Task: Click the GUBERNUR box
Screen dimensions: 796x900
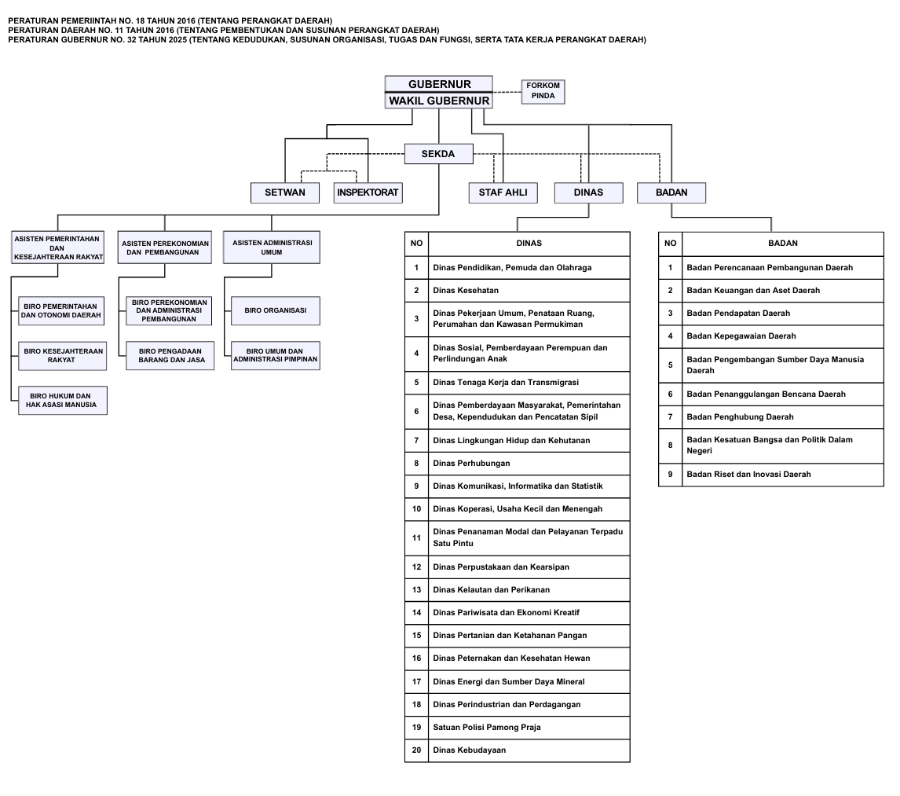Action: (438, 84)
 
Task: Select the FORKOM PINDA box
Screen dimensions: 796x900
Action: (543, 90)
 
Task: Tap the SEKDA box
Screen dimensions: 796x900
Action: (438, 154)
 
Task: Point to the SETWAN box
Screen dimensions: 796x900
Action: (285, 193)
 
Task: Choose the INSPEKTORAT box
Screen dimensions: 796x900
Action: (368, 193)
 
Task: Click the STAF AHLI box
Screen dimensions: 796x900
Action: (503, 193)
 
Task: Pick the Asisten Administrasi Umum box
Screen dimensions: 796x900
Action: (272, 248)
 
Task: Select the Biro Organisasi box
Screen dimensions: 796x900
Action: (275, 310)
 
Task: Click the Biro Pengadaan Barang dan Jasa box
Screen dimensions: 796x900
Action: (170, 355)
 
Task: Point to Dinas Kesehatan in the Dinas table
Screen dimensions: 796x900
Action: (466, 291)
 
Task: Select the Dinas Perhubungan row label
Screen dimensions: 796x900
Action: (471, 464)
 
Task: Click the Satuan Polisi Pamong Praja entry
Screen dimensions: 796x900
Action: (486, 728)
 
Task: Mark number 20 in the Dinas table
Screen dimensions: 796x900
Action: (416, 750)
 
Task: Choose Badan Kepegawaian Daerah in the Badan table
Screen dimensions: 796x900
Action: (741, 336)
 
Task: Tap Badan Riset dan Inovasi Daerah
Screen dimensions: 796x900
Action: (748, 475)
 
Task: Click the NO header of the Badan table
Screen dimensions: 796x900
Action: (670, 244)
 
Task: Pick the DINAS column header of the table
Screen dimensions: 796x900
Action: (529, 244)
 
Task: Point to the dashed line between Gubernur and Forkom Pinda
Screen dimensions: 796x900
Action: (507, 92)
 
